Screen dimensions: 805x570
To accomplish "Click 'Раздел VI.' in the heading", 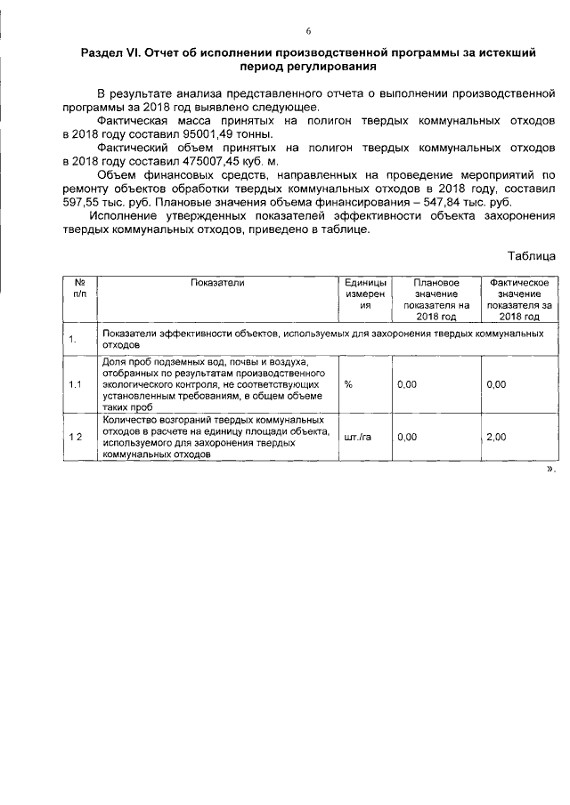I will click(110, 52).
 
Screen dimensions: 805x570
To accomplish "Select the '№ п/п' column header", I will click(79, 287).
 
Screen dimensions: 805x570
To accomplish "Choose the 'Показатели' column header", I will click(216, 282).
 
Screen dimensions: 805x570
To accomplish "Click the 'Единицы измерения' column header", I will click(363, 293).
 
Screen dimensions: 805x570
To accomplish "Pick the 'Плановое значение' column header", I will click(436, 298).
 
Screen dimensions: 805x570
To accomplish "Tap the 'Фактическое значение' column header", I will click(518, 298).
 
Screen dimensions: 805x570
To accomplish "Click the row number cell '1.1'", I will click(77, 383).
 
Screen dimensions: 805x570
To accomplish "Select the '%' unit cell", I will click(348, 383).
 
